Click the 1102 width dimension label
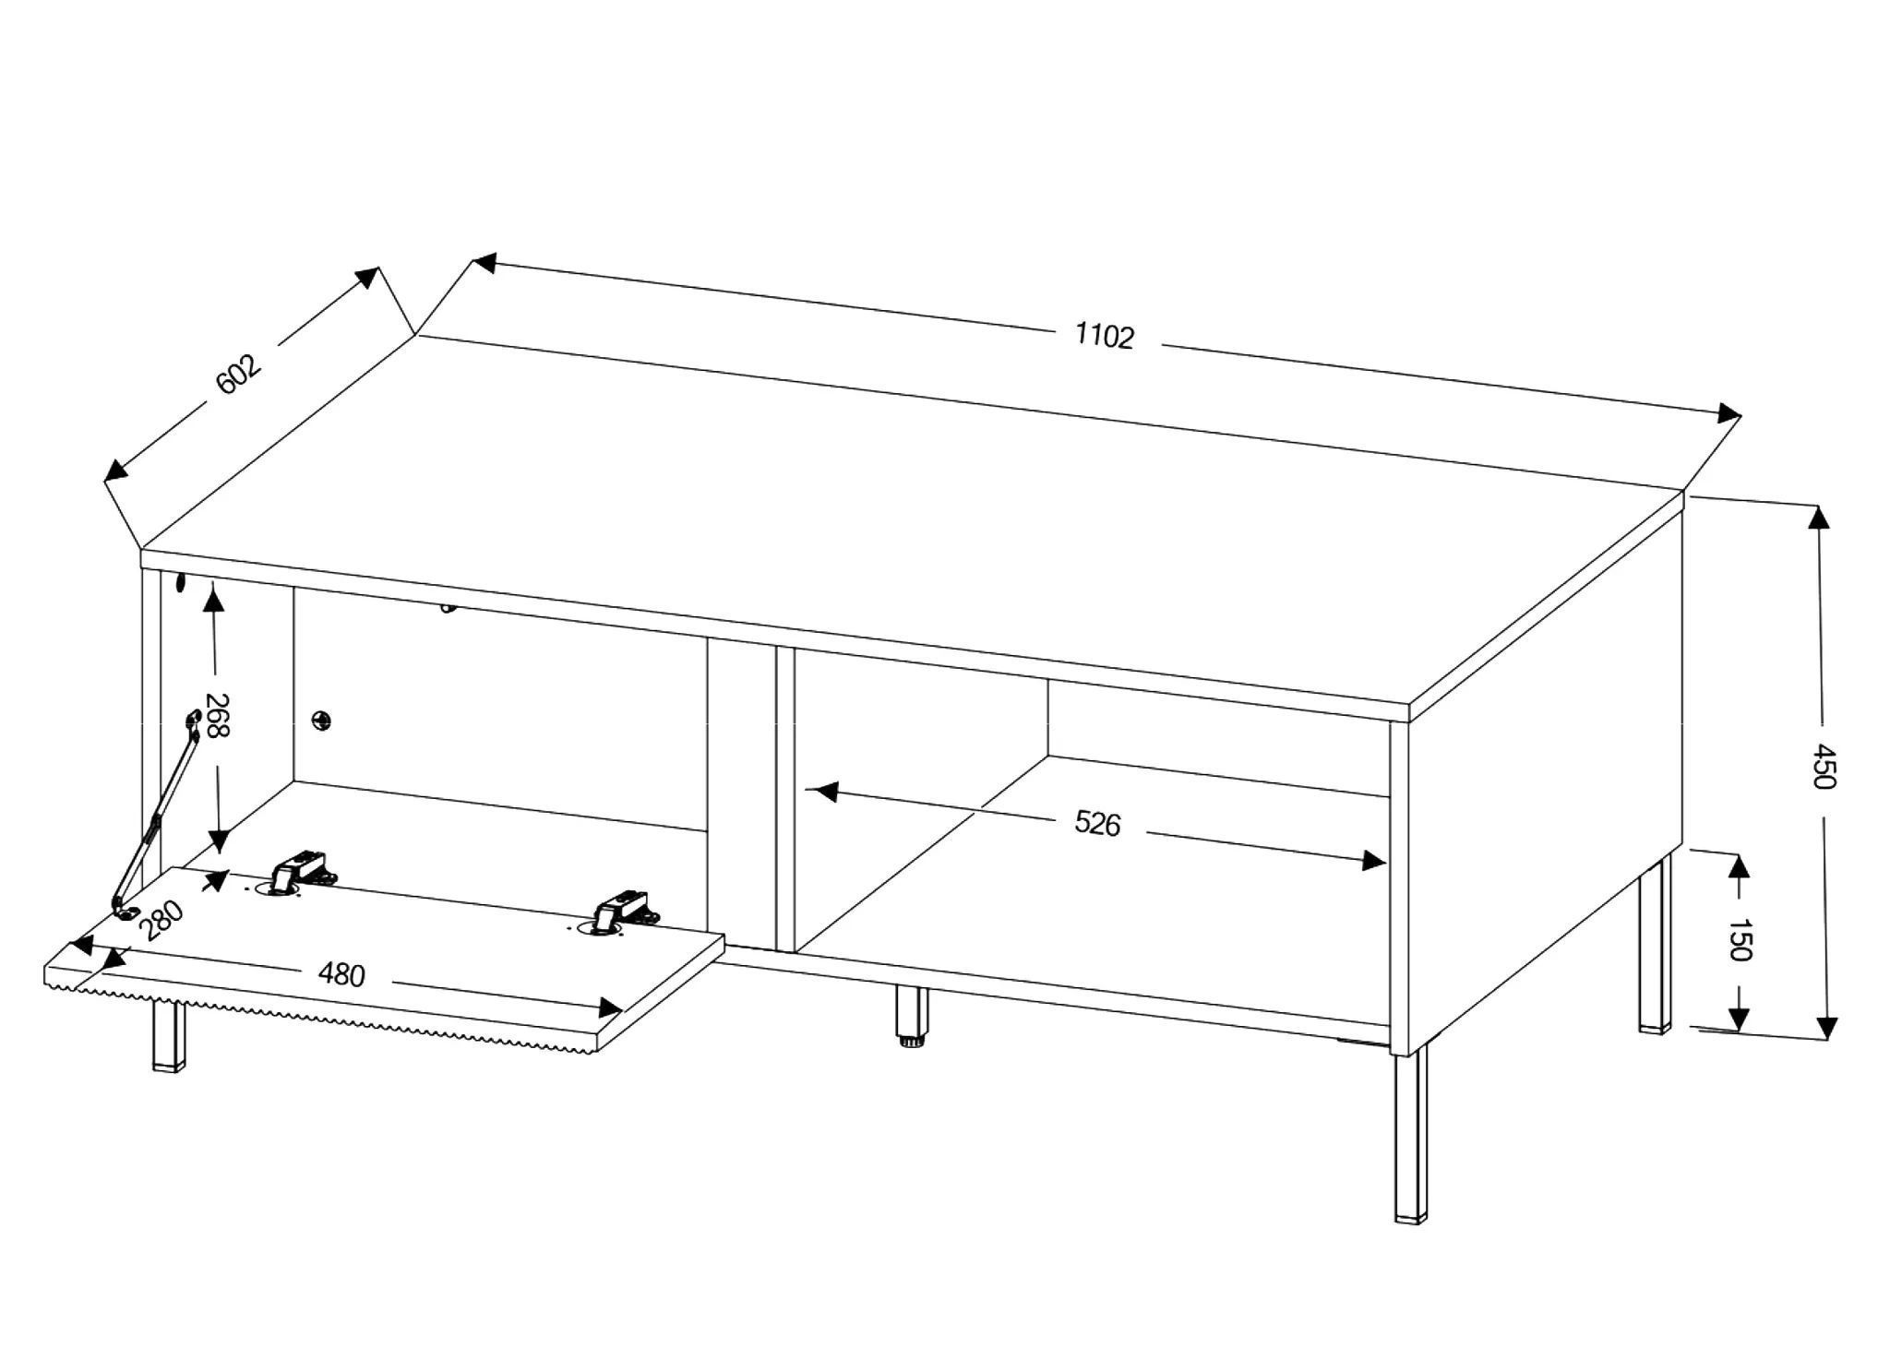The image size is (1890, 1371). [x=1104, y=336]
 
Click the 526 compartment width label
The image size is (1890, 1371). [x=1097, y=823]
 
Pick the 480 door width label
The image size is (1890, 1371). [x=341, y=973]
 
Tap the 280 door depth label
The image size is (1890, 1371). [x=163, y=920]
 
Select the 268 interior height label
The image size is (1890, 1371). [x=218, y=717]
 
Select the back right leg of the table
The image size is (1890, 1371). [x=1655, y=946]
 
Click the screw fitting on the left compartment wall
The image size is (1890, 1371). [x=321, y=720]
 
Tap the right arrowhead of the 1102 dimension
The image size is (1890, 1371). [x=1729, y=413]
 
